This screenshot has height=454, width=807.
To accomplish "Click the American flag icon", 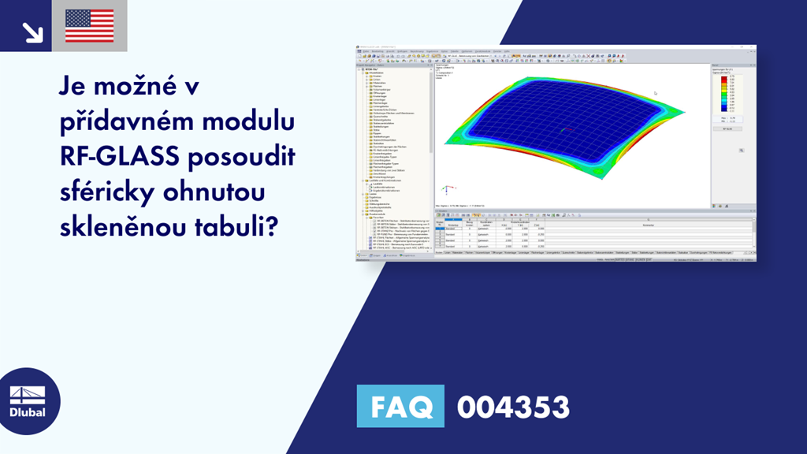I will point(89,26).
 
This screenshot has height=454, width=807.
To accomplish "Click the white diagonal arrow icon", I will point(32,32).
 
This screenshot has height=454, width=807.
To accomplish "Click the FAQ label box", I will point(400,407).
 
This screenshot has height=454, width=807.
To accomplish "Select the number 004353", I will point(512,407).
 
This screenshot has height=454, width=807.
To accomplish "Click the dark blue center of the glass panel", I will point(552,118).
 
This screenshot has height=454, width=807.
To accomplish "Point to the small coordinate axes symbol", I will point(445,189).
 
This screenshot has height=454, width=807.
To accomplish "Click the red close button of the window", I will point(753,48).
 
